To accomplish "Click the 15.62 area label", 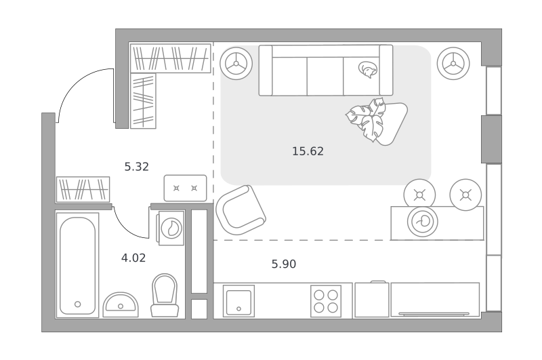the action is [308, 151].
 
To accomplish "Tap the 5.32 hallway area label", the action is [137, 167].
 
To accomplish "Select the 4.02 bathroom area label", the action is [133, 258].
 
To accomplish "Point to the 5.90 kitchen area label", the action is [283, 264].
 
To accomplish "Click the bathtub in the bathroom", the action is [77, 265].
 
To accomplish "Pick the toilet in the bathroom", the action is [165, 296].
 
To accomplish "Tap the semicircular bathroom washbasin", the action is [121, 304].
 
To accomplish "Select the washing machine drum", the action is [171, 228].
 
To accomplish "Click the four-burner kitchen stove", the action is [326, 301].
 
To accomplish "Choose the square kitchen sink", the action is [238, 301].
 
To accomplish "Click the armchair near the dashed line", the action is [241, 210].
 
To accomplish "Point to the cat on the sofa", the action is [367, 70].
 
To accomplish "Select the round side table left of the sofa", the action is [236, 64].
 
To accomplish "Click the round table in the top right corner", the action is [453, 64].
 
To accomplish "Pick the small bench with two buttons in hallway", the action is [185, 188].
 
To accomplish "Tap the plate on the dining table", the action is [422, 222].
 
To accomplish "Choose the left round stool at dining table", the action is [419, 195].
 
